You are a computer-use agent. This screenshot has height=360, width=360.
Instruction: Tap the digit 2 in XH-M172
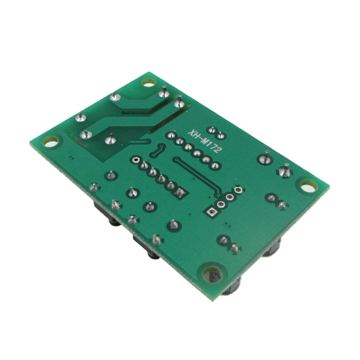pyautogui.click(x=218, y=150)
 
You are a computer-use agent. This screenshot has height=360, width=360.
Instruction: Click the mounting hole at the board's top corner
pyautogui.click(x=148, y=82)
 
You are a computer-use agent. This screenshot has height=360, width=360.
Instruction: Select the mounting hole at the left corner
pyautogui.click(x=51, y=141)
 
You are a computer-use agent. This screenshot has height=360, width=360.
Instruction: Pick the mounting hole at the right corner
pyautogui.click(x=309, y=186)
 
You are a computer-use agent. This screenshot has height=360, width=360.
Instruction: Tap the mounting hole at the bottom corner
pyautogui.click(x=212, y=274)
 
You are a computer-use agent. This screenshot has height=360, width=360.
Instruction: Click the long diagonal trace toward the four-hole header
pyautogui.click(x=198, y=175)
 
